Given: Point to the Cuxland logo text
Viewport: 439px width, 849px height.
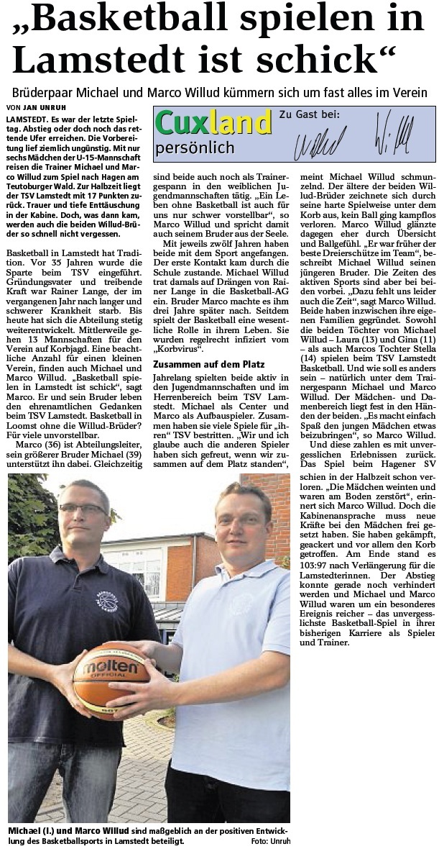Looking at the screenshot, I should point(213,124).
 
